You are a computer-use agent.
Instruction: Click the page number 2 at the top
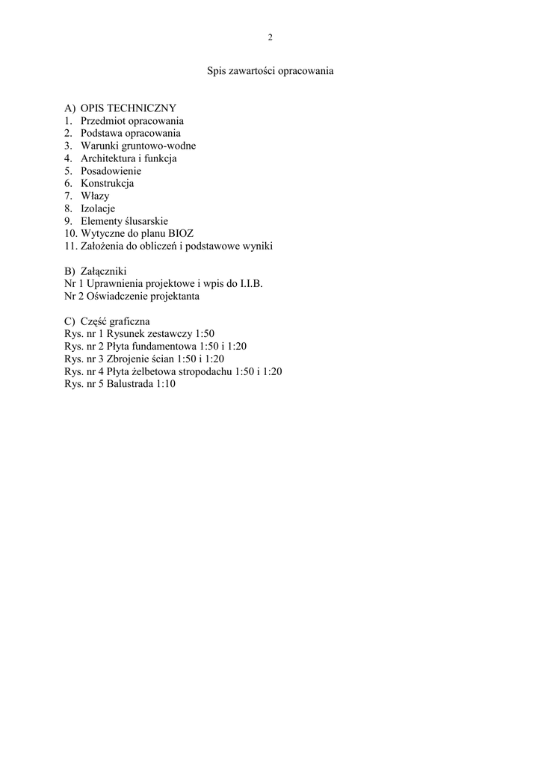[x=270, y=37]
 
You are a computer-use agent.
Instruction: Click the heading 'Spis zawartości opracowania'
[x=270, y=72]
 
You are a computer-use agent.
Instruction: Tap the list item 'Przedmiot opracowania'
[x=132, y=121]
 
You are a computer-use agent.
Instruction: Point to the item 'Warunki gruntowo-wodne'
[x=138, y=146]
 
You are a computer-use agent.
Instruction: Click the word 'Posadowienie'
[x=111, y=171]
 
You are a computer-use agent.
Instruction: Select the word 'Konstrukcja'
[x=107, y=184]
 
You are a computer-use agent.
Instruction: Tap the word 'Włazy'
[x=95, y=196]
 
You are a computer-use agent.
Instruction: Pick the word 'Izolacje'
[x=98, y=208]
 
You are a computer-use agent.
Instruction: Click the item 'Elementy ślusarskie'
[x=124, y=221]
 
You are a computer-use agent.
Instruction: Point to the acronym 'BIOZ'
[x=180, y=234]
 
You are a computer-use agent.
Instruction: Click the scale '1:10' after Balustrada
[x=166, y=384]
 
